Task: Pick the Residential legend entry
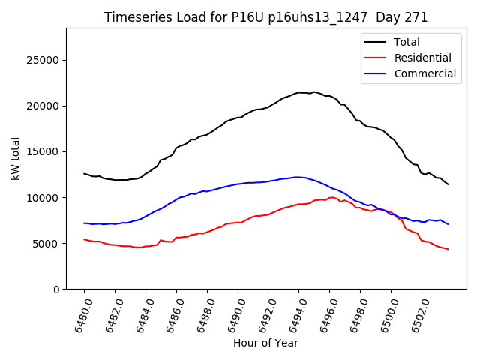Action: (423, 58)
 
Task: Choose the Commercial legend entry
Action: (425, 73)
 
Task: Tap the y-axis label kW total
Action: (15, 158)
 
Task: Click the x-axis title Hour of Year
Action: (265, 343)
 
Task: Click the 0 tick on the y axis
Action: (56, 289)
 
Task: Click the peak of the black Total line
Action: (313, 91)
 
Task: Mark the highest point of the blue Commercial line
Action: (298, 177)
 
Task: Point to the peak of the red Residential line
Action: (331, 197)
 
